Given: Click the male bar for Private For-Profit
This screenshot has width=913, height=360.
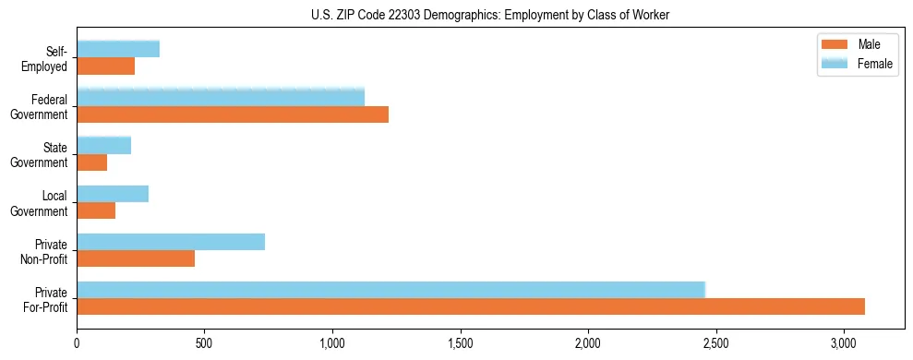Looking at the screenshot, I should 471,306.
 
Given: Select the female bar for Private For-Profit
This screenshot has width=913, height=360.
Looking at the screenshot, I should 390,290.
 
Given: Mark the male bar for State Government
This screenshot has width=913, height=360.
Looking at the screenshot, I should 92,162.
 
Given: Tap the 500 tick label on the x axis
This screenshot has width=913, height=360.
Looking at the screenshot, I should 204,343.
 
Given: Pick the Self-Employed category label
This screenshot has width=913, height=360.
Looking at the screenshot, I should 49,58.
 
